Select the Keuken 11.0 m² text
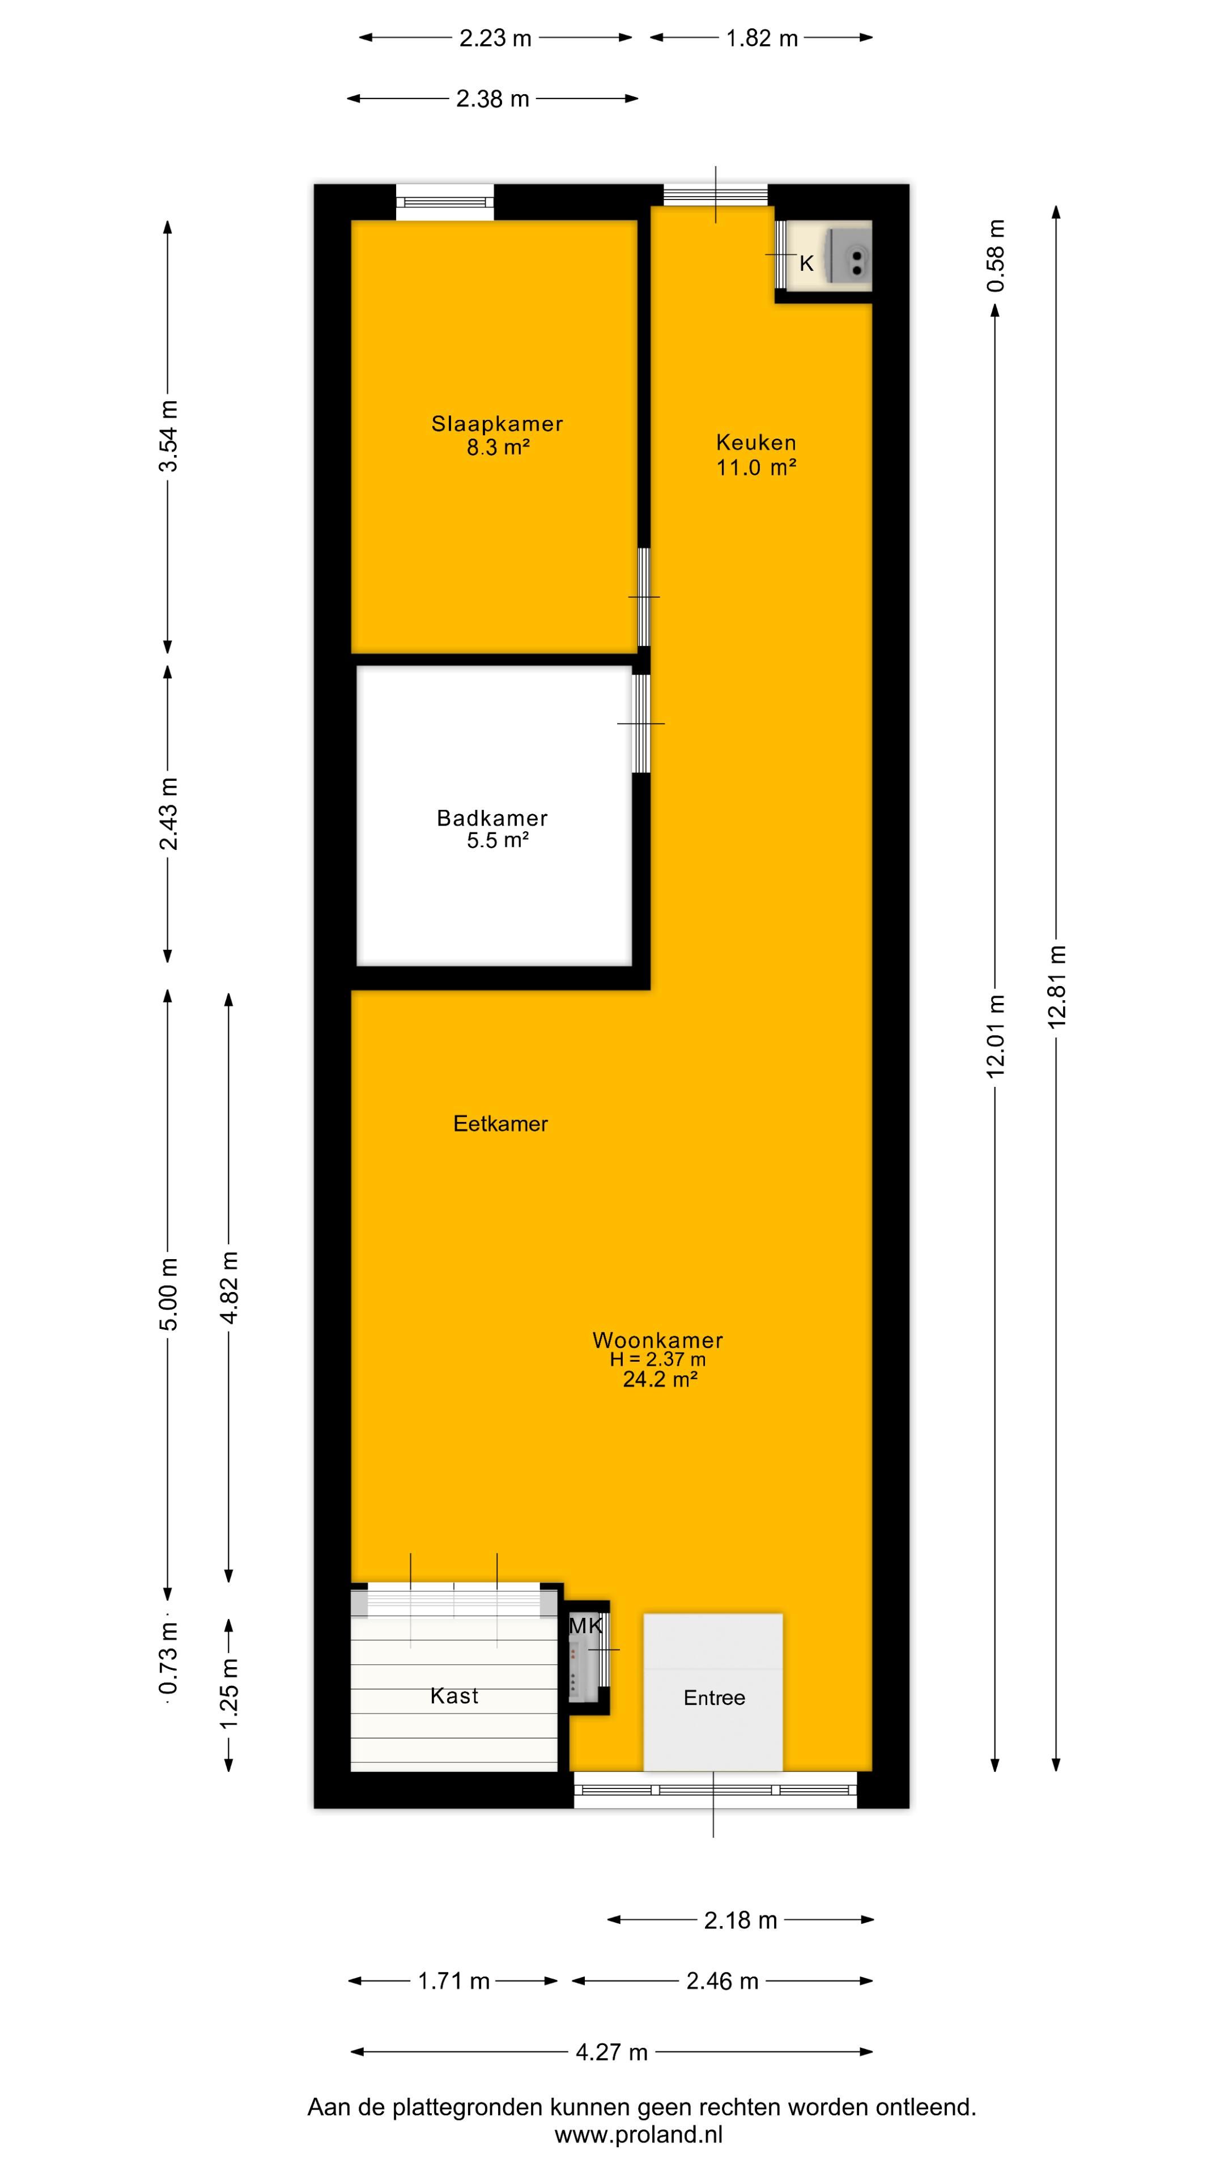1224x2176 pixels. coord(756,454)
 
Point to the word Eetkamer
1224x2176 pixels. coord(500,1124)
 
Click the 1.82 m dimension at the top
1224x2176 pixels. coord(761,38)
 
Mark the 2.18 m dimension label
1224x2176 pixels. coord(740,1920)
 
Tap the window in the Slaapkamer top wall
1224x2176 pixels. coord(445,202)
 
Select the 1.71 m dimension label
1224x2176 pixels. coord(453,1981)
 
